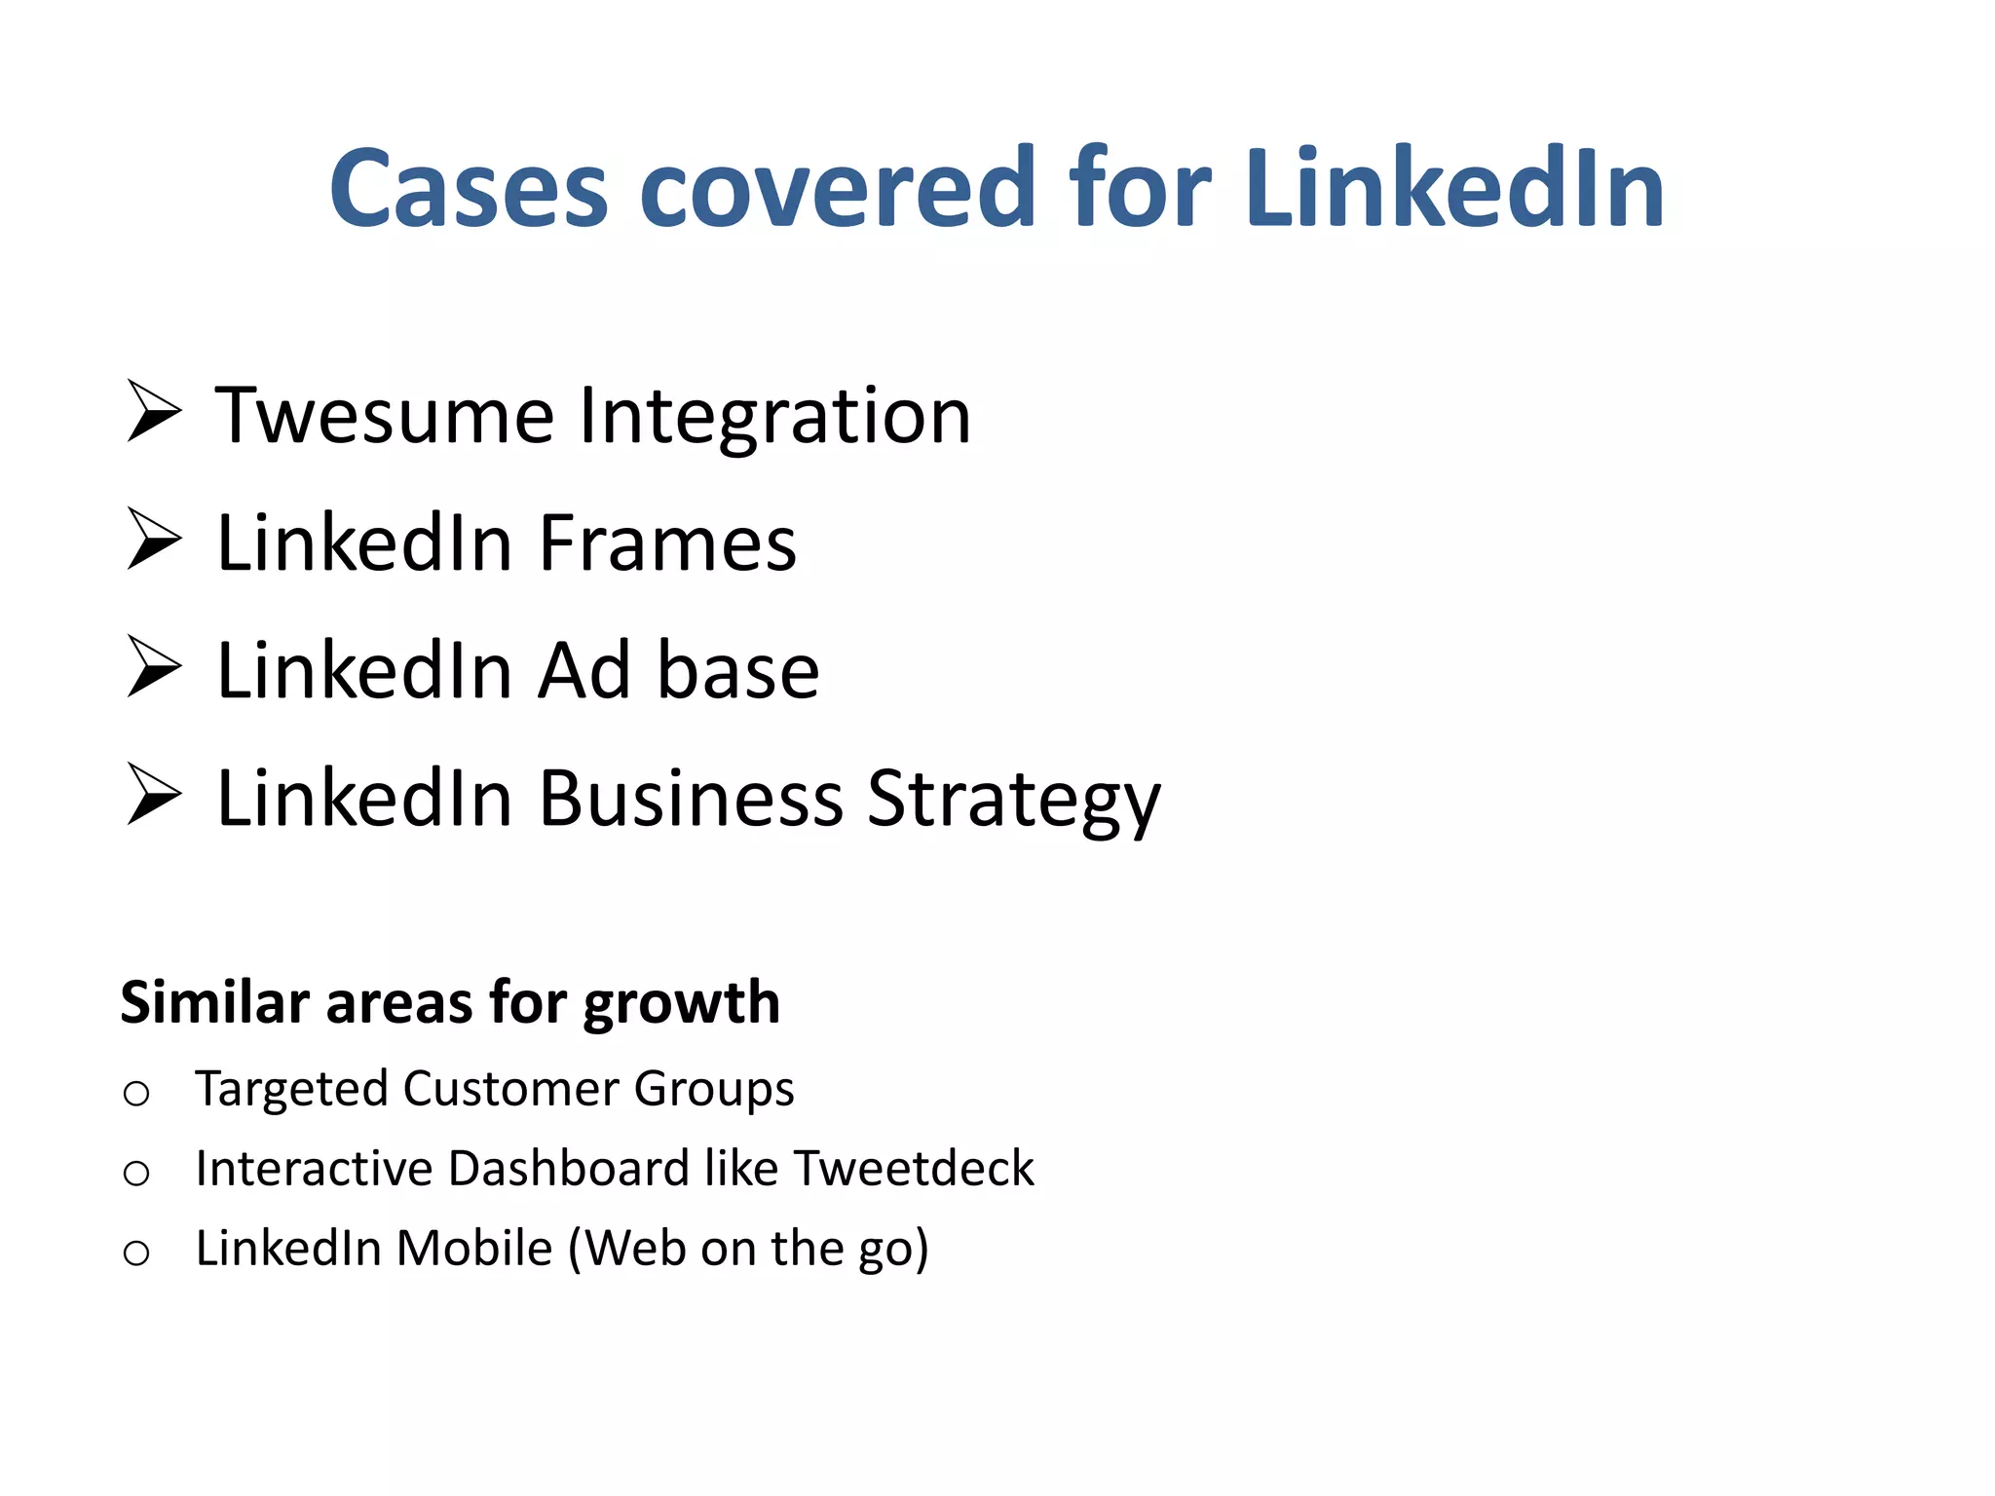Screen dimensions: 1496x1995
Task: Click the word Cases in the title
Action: click(x=469, y=188)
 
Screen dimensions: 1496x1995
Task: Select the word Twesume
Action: click(x=385, y=416)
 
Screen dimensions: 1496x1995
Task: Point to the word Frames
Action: click(x=667, y=543)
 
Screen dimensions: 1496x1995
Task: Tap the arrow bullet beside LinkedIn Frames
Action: click(x=154, y=540)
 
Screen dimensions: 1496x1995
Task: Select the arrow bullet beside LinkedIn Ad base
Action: click(x=154, y=667)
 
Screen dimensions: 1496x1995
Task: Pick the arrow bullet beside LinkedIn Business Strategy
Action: click(x=154, y=795)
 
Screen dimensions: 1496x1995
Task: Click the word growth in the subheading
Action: click(x=681, y=1004)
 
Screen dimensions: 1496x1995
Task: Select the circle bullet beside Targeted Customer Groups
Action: click(x=136, y=1094)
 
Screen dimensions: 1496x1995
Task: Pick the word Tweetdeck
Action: click(x=914, y=1168)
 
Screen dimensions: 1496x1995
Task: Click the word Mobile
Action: click(x=474, y=1248)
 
